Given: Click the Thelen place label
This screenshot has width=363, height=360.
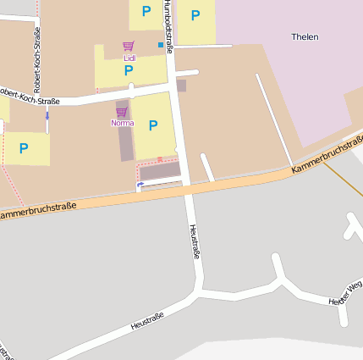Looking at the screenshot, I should pos(305,36).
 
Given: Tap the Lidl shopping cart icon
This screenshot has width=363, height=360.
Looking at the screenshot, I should pos(128,47).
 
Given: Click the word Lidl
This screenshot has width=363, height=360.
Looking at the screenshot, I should pos(129,58).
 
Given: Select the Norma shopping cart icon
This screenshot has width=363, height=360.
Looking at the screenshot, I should pos(121,112).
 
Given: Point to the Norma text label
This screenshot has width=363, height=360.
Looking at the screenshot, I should pos(122,123).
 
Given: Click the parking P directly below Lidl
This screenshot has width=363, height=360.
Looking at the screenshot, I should pos(129,70).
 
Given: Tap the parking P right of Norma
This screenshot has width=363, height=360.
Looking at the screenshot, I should pos(153,125).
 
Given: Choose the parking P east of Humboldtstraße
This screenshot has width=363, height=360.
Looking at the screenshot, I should pos(195,14).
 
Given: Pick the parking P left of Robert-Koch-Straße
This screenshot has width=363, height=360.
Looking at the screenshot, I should pos(24,147).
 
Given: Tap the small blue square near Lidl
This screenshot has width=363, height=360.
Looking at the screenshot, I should pos(161,44).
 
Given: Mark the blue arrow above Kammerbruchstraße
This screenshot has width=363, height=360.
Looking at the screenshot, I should pos(140,183).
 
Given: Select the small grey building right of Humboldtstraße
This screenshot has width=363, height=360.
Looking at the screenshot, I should pos(181,86).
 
